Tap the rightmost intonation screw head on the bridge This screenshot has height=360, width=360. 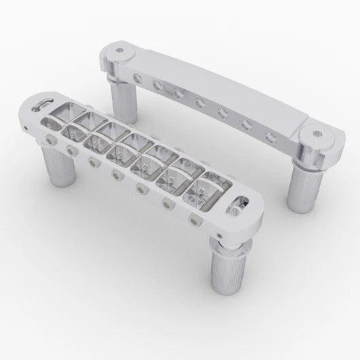click(196, 220)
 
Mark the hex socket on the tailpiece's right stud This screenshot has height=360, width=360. click(316, 133)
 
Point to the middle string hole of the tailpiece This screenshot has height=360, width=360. click(200, 104)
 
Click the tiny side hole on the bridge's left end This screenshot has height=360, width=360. click(32, 123)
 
